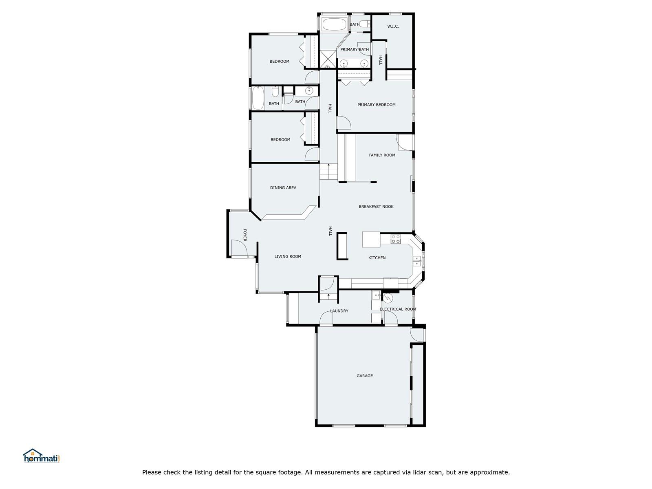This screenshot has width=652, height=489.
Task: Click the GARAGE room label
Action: [364, 376]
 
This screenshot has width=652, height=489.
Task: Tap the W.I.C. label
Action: [393, 26]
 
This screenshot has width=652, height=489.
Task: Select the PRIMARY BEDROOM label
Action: [377, 104]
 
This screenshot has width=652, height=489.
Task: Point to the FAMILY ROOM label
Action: [382, 155]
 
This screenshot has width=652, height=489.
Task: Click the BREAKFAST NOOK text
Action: [376, 207]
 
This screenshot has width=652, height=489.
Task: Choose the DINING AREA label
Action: [283, 187]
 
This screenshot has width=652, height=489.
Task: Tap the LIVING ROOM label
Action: [288, 257]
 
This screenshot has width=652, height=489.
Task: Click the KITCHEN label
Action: [377, 258]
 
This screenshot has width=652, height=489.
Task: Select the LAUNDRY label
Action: [339, 311]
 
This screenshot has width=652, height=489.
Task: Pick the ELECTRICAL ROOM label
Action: [398, 309]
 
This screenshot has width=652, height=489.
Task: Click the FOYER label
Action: [245, 235]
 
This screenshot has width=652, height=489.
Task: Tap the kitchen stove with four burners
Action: [395, 239]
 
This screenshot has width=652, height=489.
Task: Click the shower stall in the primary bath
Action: [328, 59]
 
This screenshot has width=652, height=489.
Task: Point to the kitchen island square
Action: [371, 239]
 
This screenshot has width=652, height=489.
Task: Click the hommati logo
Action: [41, 456]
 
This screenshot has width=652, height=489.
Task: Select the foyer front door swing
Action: [239, 248]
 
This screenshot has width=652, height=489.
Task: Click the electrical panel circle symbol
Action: [388, 298]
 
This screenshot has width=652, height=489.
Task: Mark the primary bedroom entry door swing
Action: [344, 123]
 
